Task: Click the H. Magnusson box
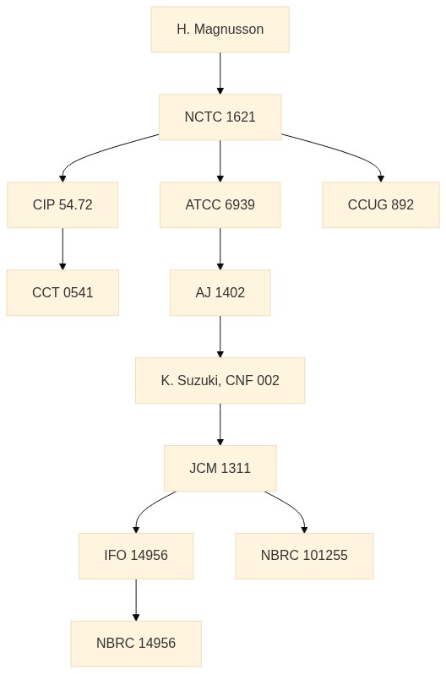(x=220, y=30)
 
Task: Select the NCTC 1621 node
(x=220, y=117)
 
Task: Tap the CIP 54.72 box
(x=63, y=204)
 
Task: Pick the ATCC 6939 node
(x=220, y=204)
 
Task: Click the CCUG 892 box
(x=381, y=204)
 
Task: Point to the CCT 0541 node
(x=63, y=293)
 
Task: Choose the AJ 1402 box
(x=220, y=293)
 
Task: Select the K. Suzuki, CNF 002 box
(x=220, y=380)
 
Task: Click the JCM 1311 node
(x=220, y=468)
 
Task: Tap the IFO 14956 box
(x=136, y=556)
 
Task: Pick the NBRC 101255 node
(x=304, y=556)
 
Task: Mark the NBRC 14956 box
(x=136, y=644)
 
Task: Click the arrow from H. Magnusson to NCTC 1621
(x=220, y=73)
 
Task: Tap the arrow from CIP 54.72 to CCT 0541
(x=63, y=249)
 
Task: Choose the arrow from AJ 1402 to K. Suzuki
(x=220, y=336)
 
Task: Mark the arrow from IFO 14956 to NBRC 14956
(x=136, y=600)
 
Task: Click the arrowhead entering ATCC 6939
(x=220, y=178)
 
